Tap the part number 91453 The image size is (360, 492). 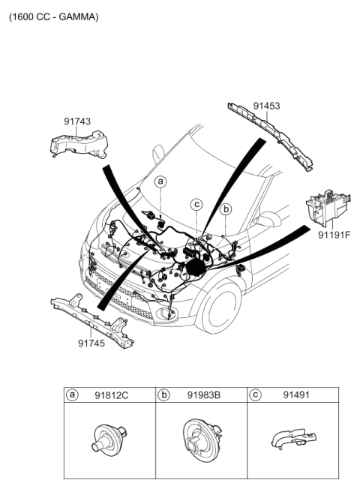266,106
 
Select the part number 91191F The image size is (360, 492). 334,235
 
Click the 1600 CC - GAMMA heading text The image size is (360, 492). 53,16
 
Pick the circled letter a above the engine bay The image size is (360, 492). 160,181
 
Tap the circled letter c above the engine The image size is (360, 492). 196,203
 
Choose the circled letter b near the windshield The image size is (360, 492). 226,208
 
